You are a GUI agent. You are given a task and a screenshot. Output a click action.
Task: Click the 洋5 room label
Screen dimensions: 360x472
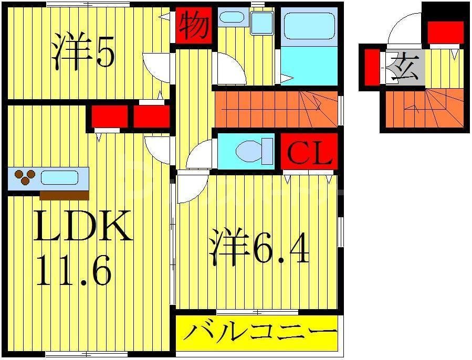pos(83,52)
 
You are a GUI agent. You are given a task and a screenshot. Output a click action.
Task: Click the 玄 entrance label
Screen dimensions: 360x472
pos(405,69)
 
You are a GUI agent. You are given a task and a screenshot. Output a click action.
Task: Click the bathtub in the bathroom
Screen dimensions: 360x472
pos(307,27)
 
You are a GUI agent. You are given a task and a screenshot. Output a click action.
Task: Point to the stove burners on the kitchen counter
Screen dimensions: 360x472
pos(24,177)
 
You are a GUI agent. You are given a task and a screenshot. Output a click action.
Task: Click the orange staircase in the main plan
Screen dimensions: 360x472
pos(276,108)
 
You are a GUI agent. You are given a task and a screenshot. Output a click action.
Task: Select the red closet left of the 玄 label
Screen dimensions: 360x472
pos(372,66)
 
